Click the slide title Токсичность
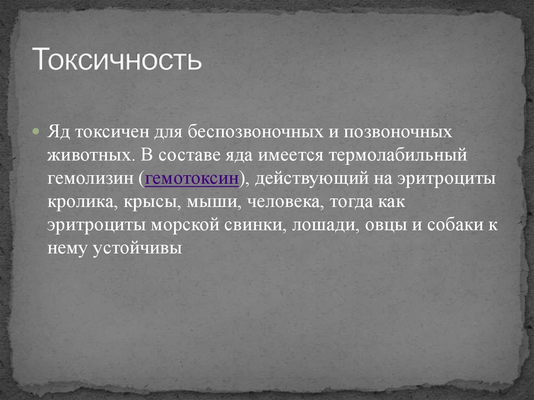117,59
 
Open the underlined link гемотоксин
192,178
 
